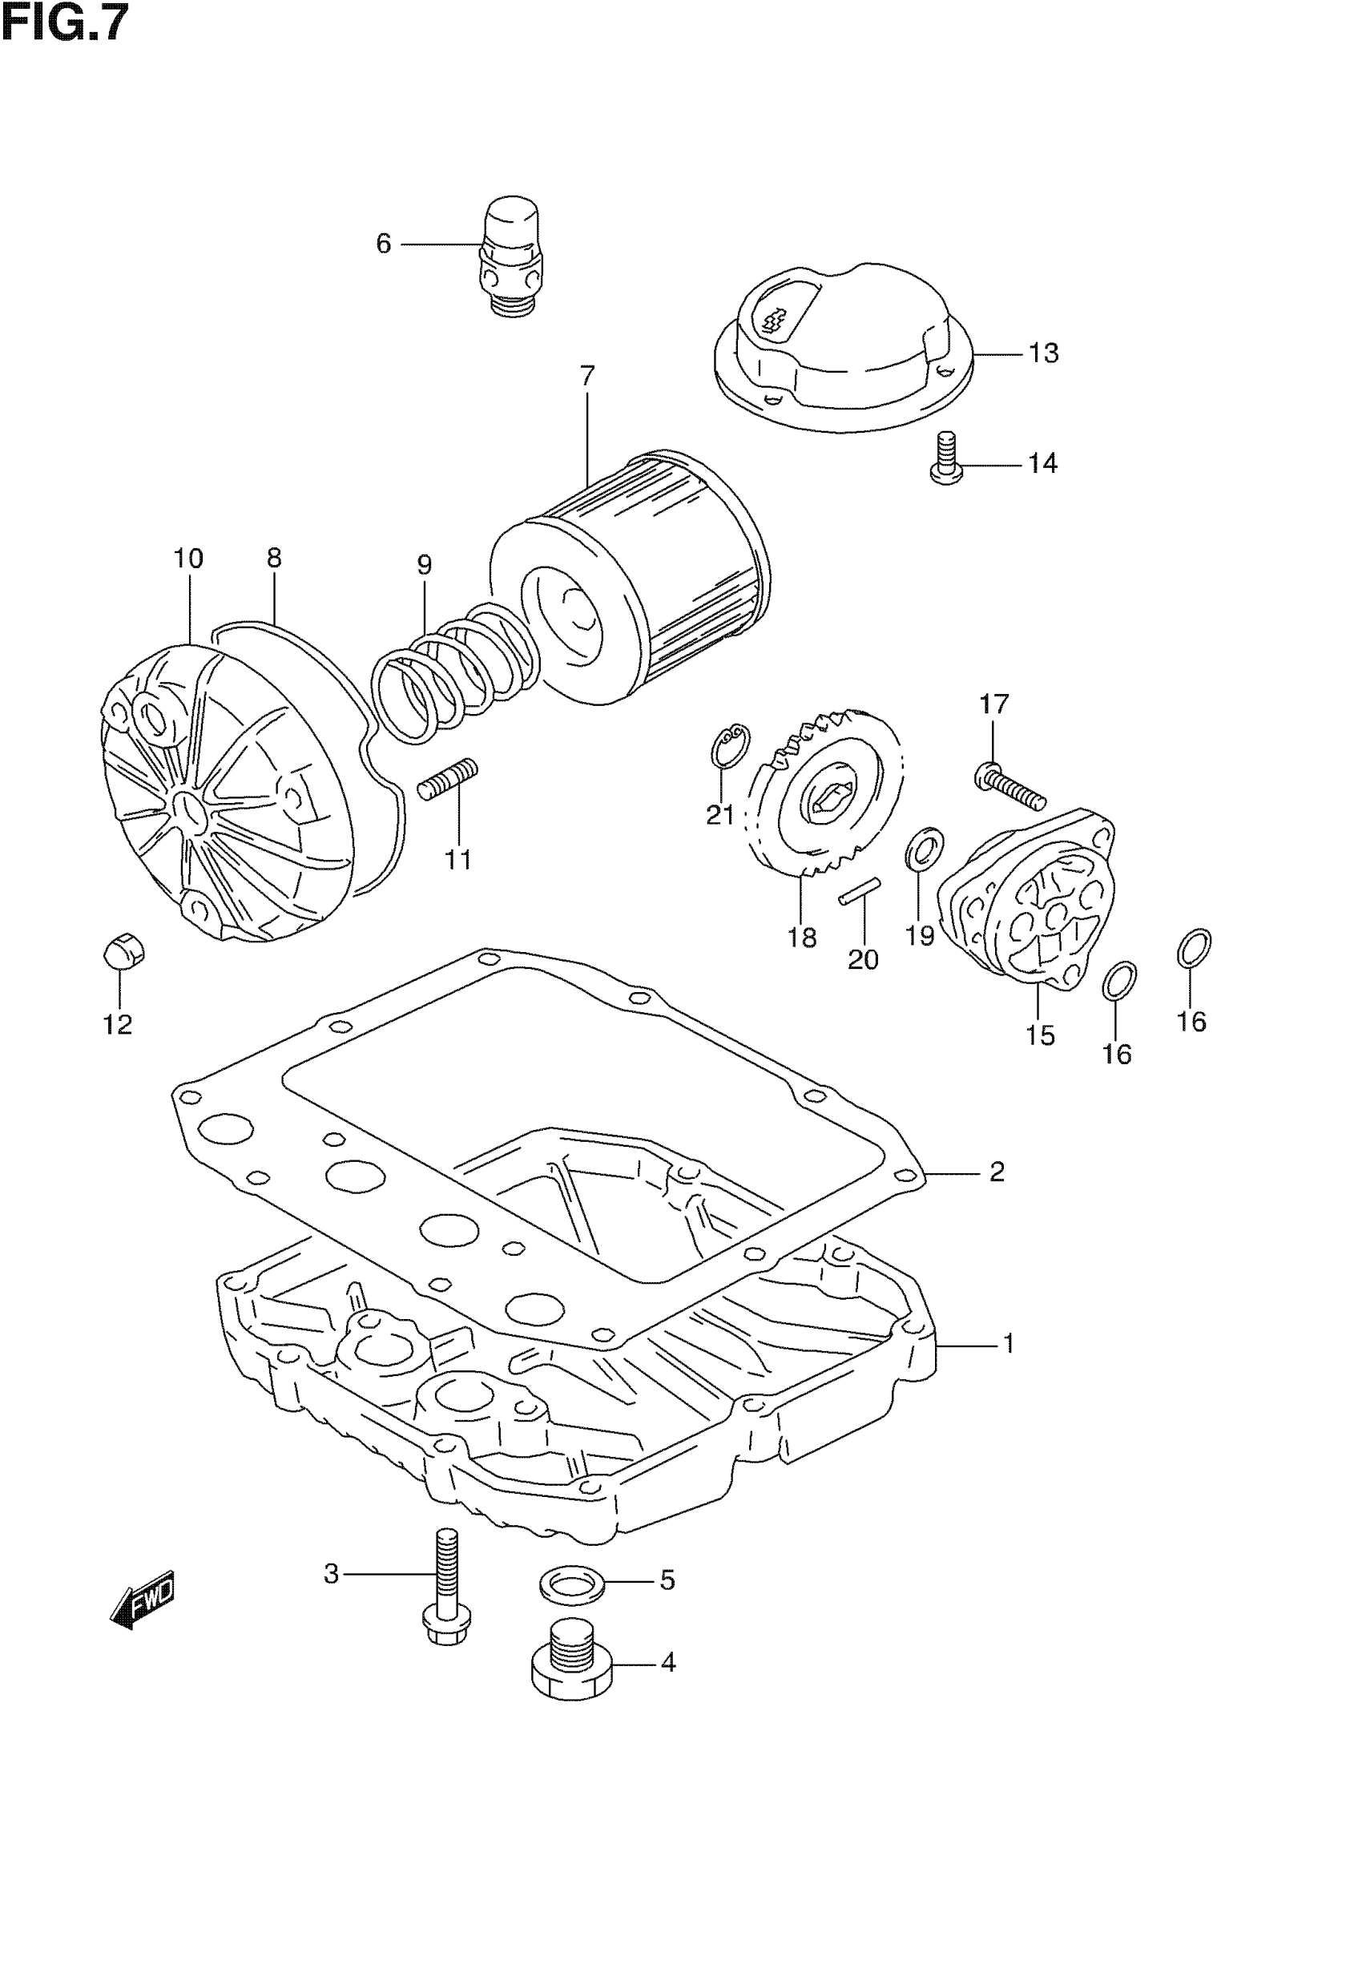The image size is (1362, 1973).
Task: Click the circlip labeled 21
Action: click(x=730, y=744)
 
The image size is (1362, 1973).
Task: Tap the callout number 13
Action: click(x=1043, y=353)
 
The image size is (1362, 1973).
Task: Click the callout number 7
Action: click(x=587, y=376)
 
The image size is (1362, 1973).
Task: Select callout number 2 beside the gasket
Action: click(x=997, y=1172)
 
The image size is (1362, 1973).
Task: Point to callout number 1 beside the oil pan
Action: click(x=1009, y=1344)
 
